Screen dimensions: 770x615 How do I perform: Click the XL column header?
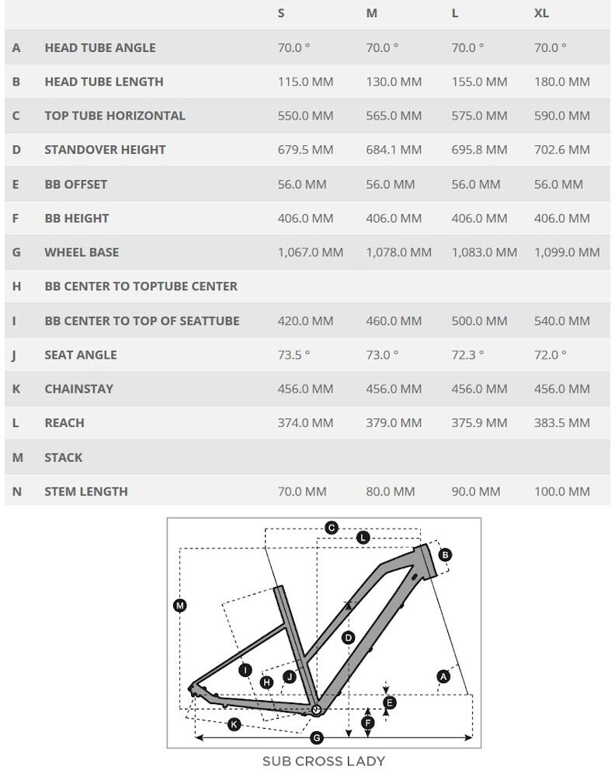point(541,13)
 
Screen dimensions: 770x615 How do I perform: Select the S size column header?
point(281,13)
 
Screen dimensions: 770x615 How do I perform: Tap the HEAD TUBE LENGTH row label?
point(103,82)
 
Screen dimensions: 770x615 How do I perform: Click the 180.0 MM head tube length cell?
point(562,82)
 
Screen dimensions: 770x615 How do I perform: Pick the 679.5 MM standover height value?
point(305,150)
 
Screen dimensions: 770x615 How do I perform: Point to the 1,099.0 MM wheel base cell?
point(567,252)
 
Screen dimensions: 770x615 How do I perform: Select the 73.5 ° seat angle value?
point(294,355)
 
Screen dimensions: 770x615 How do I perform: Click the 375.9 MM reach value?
point(479,423)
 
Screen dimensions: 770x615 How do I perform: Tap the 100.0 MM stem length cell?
point(562,491)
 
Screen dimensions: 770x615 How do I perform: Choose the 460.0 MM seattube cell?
point(394,321)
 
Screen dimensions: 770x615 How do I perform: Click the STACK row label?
point(63,457)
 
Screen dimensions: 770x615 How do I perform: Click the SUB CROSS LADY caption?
point(323,761)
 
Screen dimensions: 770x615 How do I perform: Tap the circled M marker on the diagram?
point(180,605)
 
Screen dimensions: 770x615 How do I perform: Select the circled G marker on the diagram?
point(316,737)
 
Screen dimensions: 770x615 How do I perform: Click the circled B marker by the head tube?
point(445,554)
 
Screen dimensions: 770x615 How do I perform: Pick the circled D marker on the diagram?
point(348,638)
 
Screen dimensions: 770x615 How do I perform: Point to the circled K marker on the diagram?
point(234,725)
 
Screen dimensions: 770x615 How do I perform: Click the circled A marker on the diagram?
point(443,677)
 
